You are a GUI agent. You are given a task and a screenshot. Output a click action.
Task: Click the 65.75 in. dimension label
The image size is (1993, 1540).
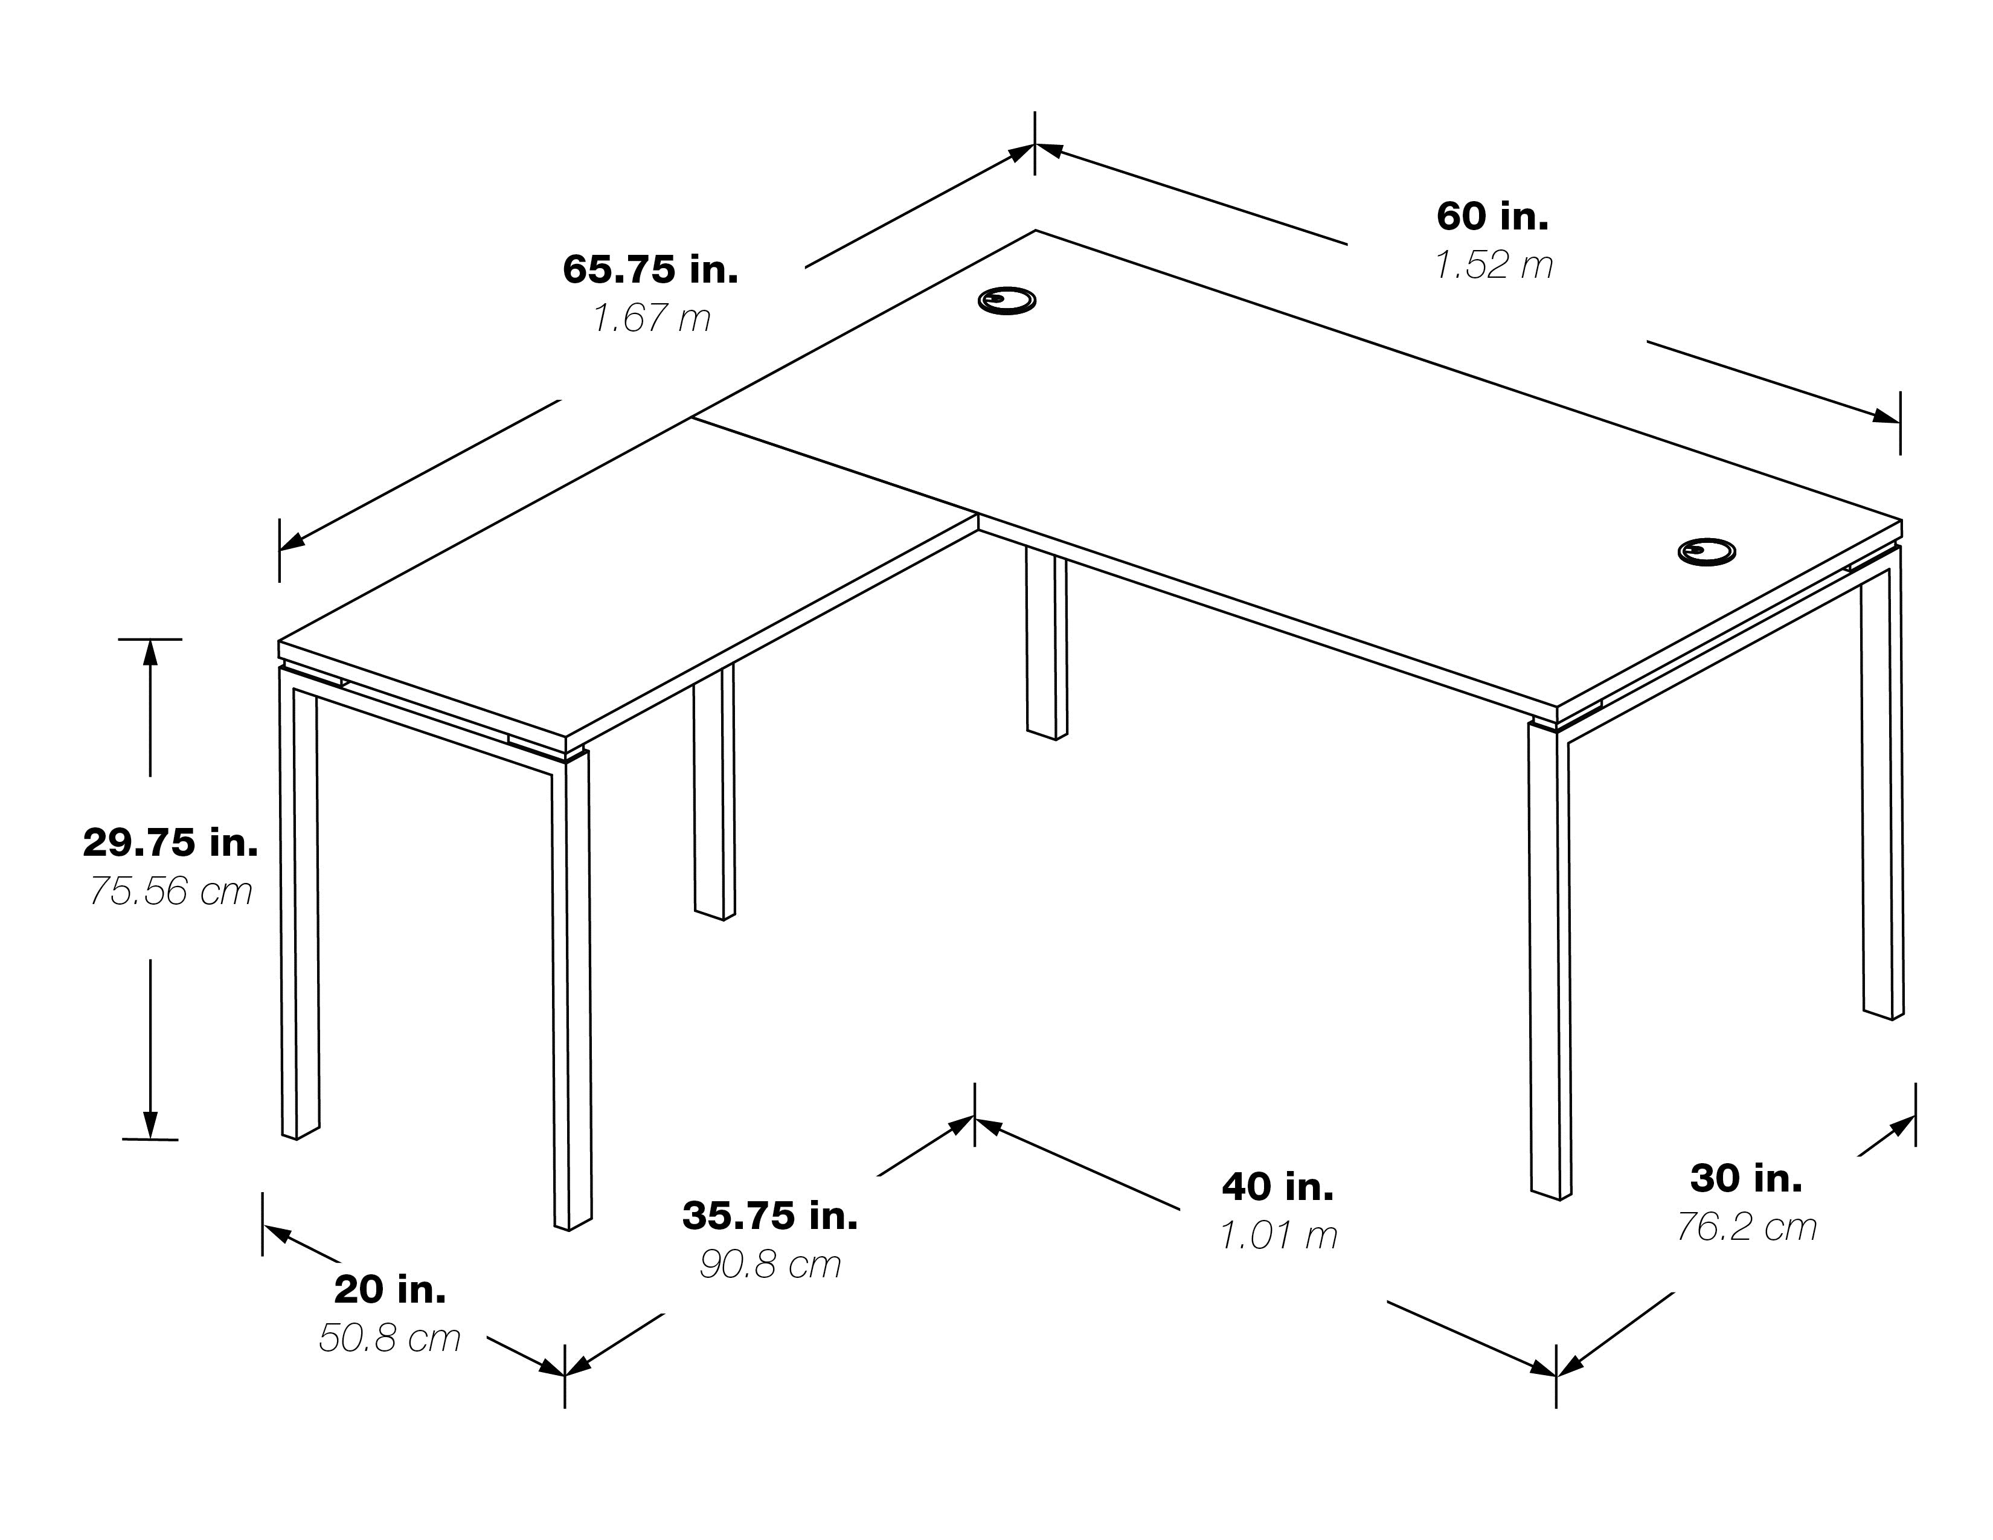click(x=650, y=269)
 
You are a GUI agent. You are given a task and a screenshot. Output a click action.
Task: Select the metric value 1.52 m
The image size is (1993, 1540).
click(x=1494, y=266)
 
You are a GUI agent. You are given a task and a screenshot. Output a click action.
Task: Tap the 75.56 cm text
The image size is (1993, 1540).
click(x=171, y=891)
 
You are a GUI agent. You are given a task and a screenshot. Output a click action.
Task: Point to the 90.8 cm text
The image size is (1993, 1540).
click(x=770, y=1265)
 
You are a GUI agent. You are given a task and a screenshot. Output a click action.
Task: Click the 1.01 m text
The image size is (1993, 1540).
click(x=1279, y=1235)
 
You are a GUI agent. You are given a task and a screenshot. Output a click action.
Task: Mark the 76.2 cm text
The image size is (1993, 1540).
click(x=1747, y=1227)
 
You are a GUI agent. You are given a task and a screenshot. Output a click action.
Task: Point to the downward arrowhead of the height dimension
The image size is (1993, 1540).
click(x=150, y=1126)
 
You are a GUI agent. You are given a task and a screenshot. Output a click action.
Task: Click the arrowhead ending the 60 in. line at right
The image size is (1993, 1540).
click(x=1886, y=416)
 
